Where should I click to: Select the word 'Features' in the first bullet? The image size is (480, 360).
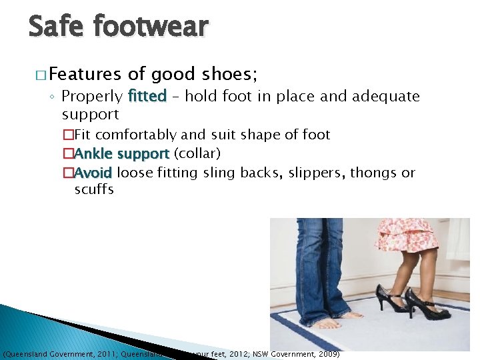pos(85,75)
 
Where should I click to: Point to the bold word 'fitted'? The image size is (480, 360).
pos(147,97)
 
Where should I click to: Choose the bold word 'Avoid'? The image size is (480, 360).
pos(93,173)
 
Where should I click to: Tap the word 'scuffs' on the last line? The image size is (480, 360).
pos(94,189)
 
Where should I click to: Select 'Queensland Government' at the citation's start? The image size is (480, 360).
pos(40,354)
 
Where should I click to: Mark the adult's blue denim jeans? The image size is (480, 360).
pos(320,267)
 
